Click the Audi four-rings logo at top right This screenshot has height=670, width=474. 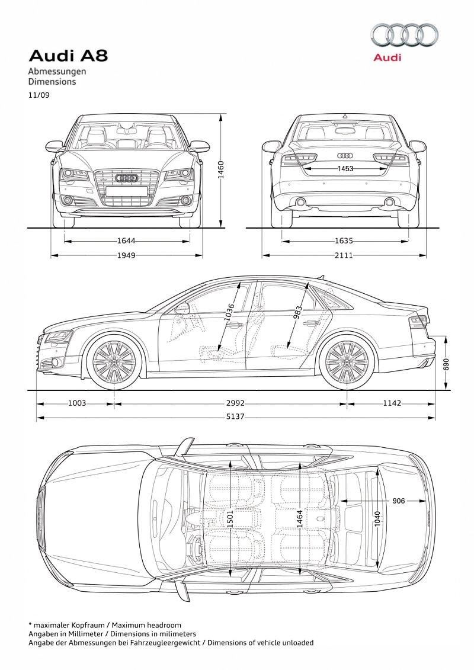404,35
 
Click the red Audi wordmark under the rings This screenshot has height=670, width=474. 387,57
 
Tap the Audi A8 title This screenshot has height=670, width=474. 68,56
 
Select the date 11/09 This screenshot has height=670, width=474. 39,95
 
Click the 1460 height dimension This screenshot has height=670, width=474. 221,169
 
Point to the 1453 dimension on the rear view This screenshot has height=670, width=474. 345,168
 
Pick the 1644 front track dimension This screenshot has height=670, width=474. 126,241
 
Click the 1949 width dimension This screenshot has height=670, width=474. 126,255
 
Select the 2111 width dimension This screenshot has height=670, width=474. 344,255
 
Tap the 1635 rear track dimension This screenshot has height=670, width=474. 344,241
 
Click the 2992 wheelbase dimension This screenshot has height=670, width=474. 235,403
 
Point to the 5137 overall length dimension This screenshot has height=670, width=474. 235,416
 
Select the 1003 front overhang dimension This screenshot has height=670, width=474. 77,403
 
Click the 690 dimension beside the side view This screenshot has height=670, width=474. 447,364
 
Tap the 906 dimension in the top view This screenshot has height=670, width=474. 398,501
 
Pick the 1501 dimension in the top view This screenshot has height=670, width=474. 230,519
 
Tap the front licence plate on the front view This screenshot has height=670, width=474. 127,191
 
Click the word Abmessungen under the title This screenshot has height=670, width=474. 57,71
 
